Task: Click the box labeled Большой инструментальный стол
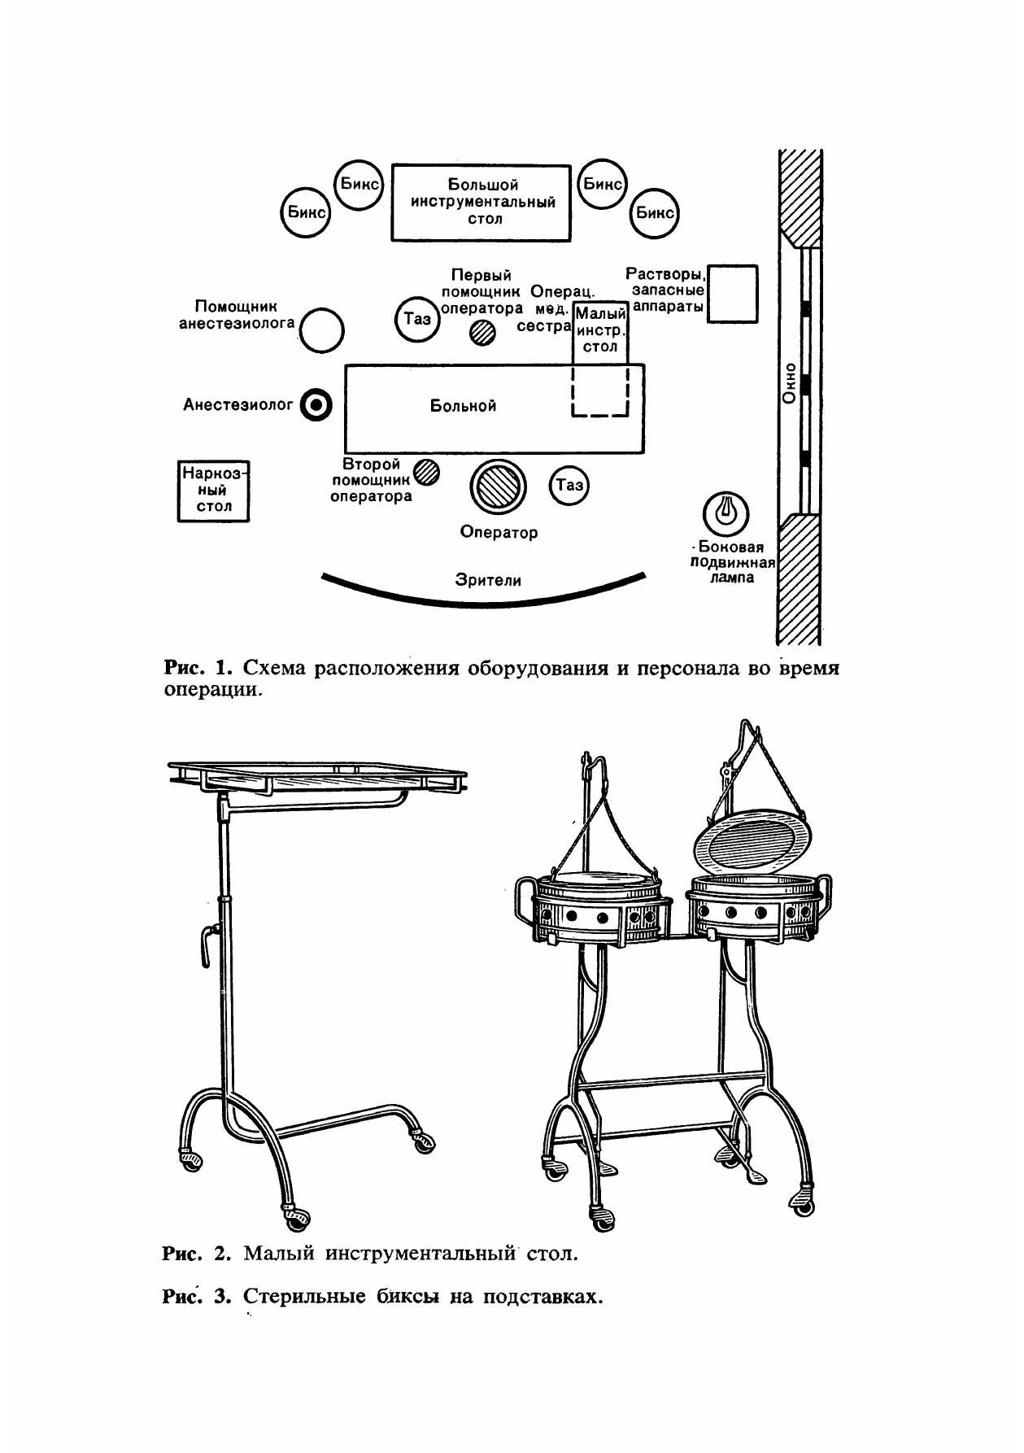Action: click(x=480, y=203)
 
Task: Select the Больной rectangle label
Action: click(x=463, y=406)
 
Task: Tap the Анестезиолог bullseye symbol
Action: click(x=316, y=404)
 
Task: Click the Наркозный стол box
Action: click(x=214, y=491)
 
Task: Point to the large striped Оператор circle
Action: click(x=498, y=487)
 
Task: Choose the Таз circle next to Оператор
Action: click(x=569, y=486)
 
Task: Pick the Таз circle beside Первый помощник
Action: click(x=417, y=319)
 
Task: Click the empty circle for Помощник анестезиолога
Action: click(x=322, y=330)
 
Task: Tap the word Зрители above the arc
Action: click(x=488, y=580)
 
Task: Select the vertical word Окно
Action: click(x=788, y=382)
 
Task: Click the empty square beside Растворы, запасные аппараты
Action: click(x=732, y=294)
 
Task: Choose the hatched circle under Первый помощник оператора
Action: click(x=483, y=332)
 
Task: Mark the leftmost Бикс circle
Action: click(x=305, y=214)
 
